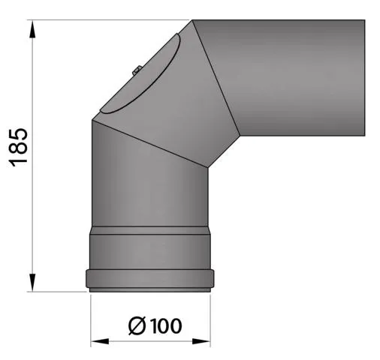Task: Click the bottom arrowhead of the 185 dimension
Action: (x=33, y=284)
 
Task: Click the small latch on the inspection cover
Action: (x=136, y=71)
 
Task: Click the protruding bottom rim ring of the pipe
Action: (x=150, y=280)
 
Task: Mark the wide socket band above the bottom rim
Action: (x=150, y=250)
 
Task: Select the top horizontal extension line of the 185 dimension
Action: (x=113, y=20)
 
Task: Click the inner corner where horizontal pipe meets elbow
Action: (x=240, y=136)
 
